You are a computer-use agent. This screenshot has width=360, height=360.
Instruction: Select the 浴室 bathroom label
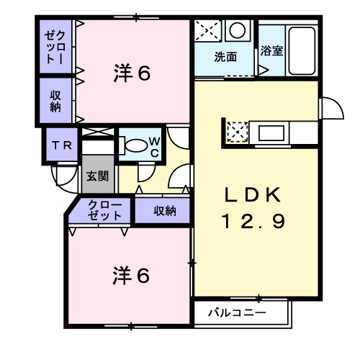[x=271, y=51]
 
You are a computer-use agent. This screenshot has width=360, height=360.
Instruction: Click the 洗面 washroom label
[x=225, y=58]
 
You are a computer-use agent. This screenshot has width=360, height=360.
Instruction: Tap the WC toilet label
[x=154, y=145]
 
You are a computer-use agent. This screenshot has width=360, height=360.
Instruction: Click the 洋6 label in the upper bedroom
[x=132, y=73]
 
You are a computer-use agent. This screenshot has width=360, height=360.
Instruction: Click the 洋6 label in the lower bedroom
[x=132, y=275]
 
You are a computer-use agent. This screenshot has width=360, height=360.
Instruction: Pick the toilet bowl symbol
[x=134, y=145]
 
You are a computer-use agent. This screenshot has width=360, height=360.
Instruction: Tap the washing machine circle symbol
[x=236, y=30]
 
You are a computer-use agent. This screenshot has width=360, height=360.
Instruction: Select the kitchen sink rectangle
[x=273, y=132]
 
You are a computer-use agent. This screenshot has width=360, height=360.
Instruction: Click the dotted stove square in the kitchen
[x=236, y=132]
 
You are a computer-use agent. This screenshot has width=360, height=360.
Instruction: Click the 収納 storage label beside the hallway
[x=165, y=211]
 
